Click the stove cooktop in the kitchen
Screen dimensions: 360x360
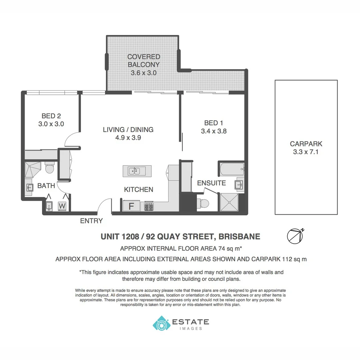(149, 206)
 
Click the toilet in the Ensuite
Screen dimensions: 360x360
(203, 203)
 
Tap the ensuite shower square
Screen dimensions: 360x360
(229, 202)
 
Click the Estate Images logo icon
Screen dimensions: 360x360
(161, 323)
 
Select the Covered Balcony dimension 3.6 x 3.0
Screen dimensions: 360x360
(143, 73)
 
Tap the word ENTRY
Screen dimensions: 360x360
(91, 221)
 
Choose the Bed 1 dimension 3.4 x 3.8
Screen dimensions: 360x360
(214, 131)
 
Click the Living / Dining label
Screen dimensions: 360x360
(128, 130)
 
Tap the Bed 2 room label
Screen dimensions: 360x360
(51, 116)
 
